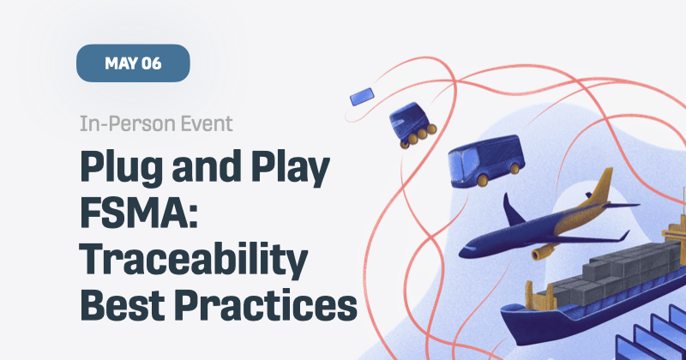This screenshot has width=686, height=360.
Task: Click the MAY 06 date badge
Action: (x=133, y=63)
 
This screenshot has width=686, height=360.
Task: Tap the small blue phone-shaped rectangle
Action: (x=361, y=97)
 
